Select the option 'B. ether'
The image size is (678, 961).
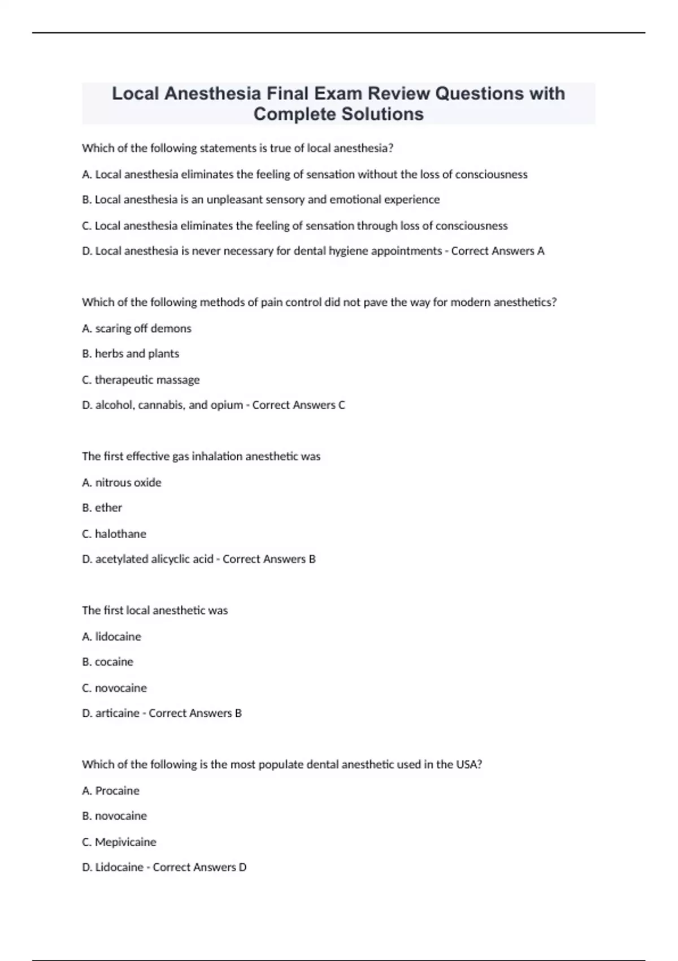[102, 508]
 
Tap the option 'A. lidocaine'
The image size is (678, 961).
[111, 637]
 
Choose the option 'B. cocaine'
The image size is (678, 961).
[107, 662]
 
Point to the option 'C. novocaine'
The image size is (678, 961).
[114, 688]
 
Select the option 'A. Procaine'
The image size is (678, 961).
[111, 791]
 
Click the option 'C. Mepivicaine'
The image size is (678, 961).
[119, 842]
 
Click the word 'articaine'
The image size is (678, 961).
[117, 713]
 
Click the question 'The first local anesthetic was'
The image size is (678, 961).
[155, 611]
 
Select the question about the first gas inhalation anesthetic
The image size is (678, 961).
[201, 456]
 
